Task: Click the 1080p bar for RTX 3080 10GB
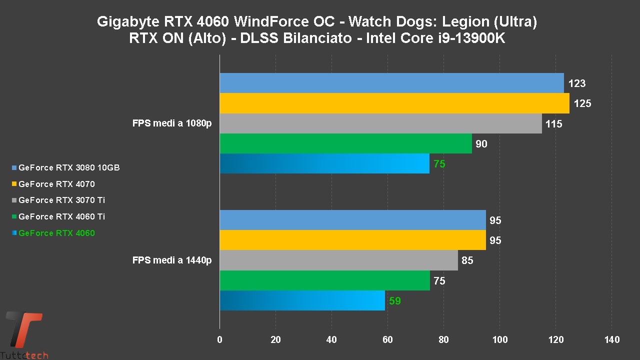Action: click(x=391, y=83)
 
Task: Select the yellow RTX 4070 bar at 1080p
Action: click(x=394, y=103)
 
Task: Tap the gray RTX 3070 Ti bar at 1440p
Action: click(x=338, y=260)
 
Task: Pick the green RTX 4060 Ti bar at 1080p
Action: click(x=345, y=143)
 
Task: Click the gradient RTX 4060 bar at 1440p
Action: click(x=302, y=300)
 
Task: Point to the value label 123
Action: click(x=576, y=83)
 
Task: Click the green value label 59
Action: click(x=395, y=301)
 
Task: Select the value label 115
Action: click(x=554, y=124)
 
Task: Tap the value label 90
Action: click(x=481, y=144)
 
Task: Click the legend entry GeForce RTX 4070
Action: click(x=56, y=184)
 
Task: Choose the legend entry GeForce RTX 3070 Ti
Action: click(x=61, y=200)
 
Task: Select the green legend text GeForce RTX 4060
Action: click(x=56, y=233)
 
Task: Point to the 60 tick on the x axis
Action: click(x=387, y=340)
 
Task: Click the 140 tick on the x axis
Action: click(x=612, y=340)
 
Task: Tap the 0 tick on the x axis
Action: click(x=220, y=340)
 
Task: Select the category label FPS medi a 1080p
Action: click(x=172, y=123)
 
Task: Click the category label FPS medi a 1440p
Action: click(x=172, y=260)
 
